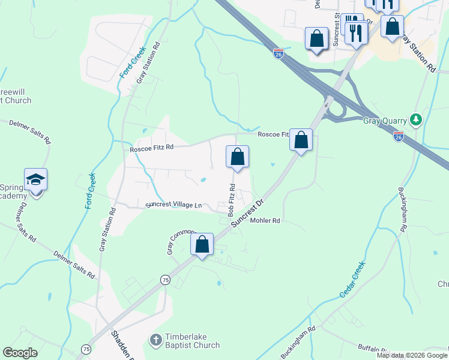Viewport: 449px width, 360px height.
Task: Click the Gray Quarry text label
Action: click(x=384, y=120)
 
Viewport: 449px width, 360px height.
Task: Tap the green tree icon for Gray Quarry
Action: click(x=415, y=120)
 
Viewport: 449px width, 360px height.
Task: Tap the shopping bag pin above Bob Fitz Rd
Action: click(x=237, y=157)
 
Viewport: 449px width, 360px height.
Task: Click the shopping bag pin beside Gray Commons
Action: click(x=202, y=245)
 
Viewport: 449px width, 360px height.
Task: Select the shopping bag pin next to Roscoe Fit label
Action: click(x=301, y=140)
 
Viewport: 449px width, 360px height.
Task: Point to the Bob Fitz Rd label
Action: click(x=231, y=200)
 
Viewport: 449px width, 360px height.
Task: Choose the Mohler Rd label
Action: click(x=265, y=221)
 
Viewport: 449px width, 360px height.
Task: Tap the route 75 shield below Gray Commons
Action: click(x=165, y=280)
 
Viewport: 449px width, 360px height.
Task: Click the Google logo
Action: click(x=20, y=353)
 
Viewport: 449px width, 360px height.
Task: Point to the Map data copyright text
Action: click(x=411, y=355)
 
